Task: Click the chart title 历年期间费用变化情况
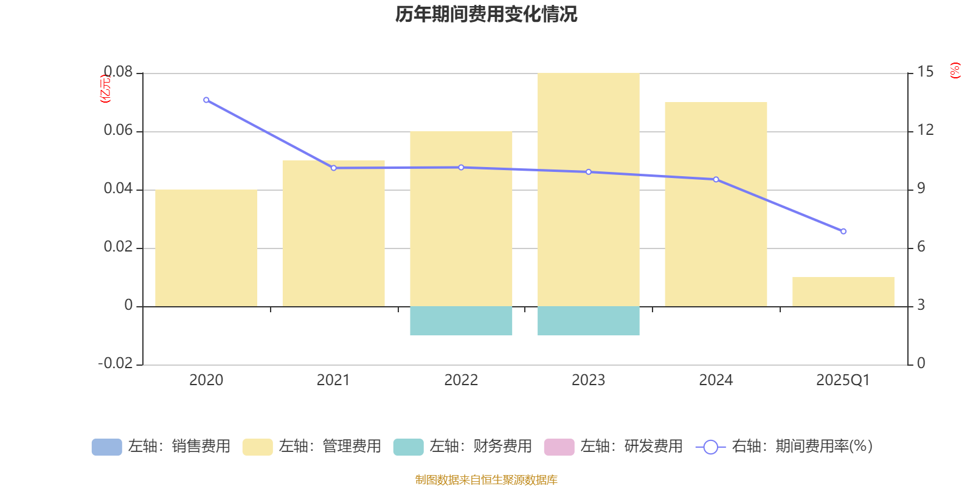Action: pos(486,14)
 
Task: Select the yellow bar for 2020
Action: pos(206,248)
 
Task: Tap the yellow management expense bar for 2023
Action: pos(588,190)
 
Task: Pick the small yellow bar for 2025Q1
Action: pos(843,292)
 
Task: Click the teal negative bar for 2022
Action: pos(461,321)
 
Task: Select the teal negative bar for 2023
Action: pos(588,321)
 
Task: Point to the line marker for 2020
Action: pos(206,100)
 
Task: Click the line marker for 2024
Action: pos(716,180)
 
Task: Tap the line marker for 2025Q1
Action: pos(843,231)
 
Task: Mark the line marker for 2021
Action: pos(333,168)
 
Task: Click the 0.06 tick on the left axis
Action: pos(118,130)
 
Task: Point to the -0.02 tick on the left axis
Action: pos(115,363)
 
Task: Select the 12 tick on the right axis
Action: pos(925,130)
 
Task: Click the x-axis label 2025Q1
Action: pos(843,380)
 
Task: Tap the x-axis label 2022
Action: pos(461,380)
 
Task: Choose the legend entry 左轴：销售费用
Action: pos(161,447)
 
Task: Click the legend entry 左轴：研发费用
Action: pos(614,447)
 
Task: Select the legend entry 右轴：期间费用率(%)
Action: pos(784,447)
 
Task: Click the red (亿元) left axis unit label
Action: pos(105,89)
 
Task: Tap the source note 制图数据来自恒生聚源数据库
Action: pos(486,480)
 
